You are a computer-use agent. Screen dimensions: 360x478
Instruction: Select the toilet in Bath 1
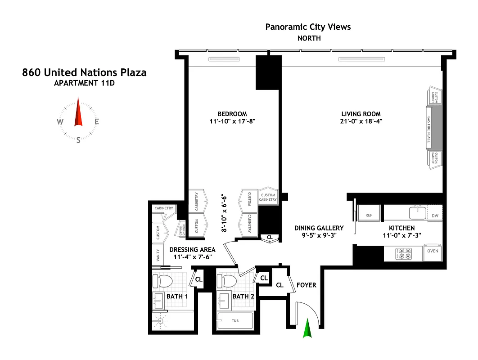coord(162,281)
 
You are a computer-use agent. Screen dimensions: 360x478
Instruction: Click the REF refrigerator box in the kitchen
coord(369,215)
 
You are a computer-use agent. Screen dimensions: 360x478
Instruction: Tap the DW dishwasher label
coord(435,216)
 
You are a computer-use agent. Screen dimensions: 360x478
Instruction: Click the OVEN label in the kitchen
coord(433,251)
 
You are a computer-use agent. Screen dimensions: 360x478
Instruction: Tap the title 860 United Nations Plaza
coord(84,72)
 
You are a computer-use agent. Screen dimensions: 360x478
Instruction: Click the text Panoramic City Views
coord(308,27)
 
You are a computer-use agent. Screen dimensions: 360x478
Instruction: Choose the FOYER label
coord(307,285)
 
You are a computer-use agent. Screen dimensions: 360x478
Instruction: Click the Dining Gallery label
coord(319,228)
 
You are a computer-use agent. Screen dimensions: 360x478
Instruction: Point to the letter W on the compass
coord(60,121)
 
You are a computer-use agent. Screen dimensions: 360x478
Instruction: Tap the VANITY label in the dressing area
coord(158,256)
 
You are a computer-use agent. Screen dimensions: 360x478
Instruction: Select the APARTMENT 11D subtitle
coord(84,83)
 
